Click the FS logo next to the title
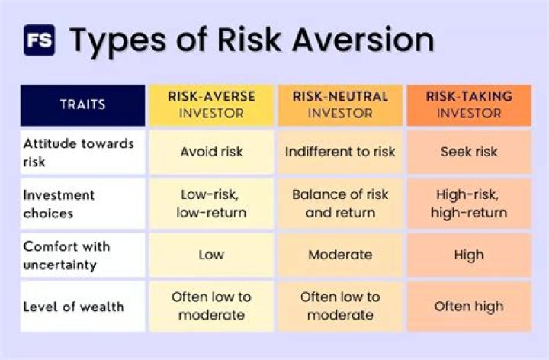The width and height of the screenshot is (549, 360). tap(39, 40)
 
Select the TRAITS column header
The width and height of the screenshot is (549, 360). tap(82, 105)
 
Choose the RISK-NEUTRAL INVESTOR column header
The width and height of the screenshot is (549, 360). tap(340, 105)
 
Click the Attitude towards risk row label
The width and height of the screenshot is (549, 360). tap(79, 152)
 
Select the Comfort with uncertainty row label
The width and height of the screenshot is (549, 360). tap(66, 255)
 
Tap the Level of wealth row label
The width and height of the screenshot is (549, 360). tap(72, 307)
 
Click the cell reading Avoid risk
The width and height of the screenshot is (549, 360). tap(211, 152)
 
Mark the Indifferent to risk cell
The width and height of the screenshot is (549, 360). tap(340, 152)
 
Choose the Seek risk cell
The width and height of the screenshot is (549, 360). tap(469, 152)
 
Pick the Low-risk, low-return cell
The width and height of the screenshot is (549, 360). tap(211, 204)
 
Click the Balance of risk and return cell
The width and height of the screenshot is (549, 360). tap(340, 204)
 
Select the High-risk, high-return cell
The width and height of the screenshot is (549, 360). tap(469, 204)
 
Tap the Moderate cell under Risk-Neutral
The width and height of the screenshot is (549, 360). tap(340, 255)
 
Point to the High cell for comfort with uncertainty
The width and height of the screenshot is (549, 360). tap(469, 255)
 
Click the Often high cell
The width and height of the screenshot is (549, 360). tap(469, 307)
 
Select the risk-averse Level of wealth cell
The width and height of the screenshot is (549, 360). tap(211, 306)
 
